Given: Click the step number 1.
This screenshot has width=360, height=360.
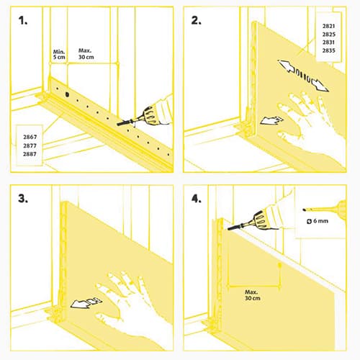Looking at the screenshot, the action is click(x=23, y=21).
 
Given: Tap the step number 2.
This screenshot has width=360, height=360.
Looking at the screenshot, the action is click(x=196, y=21).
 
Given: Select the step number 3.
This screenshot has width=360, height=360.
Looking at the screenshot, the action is click(x=23, y=199).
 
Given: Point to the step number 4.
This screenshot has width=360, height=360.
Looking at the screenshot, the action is click(x=196, y=199).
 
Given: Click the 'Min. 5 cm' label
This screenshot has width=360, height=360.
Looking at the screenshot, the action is click(x=59, y=55).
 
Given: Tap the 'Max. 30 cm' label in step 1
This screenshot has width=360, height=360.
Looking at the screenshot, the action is click(x=86, y=54).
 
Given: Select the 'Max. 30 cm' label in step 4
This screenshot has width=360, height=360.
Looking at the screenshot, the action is click(x=253, y=295).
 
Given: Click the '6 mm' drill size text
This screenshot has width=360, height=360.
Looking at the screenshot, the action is click(x=320, y=221).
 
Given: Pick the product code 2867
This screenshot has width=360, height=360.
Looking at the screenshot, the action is click(x=30, y=137).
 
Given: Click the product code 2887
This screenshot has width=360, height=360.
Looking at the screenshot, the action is click(x=30, y=154).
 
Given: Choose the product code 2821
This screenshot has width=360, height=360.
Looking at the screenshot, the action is click(x=328, y=26).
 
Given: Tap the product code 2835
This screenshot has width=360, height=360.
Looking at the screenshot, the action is click(x=328, y=50).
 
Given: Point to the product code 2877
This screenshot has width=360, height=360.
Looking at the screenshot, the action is click(x=30, y=145).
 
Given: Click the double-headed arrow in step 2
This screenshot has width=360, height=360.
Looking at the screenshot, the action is click(x=303, y=76).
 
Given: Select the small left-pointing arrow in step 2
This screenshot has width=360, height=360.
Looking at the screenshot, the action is click(x=271, y=120).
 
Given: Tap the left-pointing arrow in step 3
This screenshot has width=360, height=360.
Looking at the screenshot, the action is click(x=86, y=302).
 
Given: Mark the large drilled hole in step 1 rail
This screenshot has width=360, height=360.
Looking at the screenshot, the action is click(x=67, y=94).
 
